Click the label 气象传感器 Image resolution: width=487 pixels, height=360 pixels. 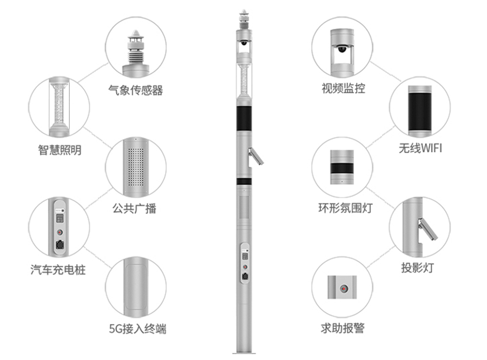point(135,90)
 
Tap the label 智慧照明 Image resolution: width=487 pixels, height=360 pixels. point(60,150)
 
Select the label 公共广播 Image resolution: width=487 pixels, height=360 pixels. point(134,208)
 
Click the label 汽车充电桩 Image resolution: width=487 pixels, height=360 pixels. point(58,269)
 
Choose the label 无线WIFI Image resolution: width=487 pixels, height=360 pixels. point(420,148)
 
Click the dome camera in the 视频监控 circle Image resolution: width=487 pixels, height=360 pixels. point(341,49)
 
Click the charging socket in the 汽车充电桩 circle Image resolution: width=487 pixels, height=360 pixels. point(59,244)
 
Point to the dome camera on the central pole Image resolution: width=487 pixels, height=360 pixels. point(244,42)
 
